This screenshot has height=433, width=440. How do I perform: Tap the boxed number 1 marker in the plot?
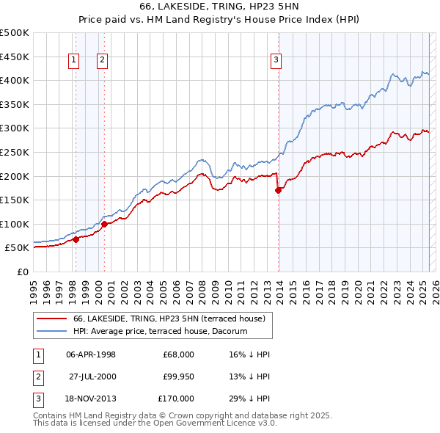[75, 61]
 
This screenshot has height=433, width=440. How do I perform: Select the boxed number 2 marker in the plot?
[102, 61]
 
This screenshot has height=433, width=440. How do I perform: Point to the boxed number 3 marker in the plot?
[276, 61]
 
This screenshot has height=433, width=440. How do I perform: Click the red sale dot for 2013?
[279, 190]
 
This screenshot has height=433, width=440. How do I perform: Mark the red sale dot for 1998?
[76, 239]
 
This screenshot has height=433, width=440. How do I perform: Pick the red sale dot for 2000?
[105, 224]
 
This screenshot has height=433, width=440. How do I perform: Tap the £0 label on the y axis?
[23, 272]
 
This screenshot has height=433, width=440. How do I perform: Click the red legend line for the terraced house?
[51, 319]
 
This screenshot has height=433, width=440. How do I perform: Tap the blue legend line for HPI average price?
[51, 332]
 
